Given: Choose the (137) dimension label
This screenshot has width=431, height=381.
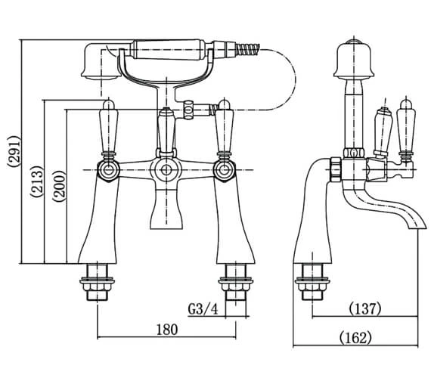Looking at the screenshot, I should (364, 309).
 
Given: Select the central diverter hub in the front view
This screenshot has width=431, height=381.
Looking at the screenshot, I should (165, 168).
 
